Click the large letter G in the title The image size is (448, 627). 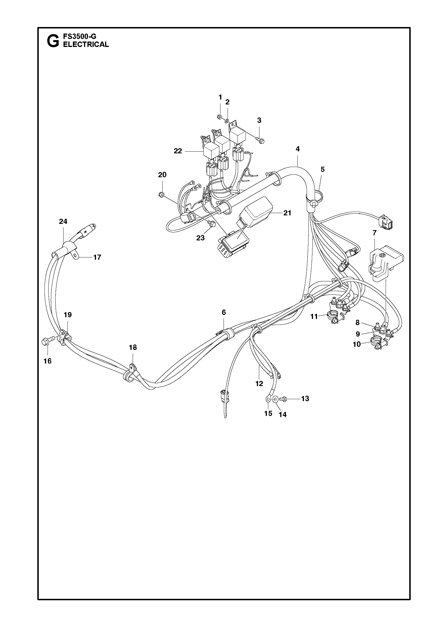coord(53,41)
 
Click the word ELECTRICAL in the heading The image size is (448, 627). coord(86,44)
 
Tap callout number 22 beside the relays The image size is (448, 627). coord(178,151)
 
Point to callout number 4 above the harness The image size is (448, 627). coord(298,149)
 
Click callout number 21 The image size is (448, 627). coord(287,213)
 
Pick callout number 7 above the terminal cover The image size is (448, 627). coord(375,233)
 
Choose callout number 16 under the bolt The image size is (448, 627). coord(48,361)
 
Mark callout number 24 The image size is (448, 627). coord(63,221)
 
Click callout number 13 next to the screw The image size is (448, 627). coord(305,399)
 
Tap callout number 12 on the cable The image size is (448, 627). coord(259,384)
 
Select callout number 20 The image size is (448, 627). coord(162,175)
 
